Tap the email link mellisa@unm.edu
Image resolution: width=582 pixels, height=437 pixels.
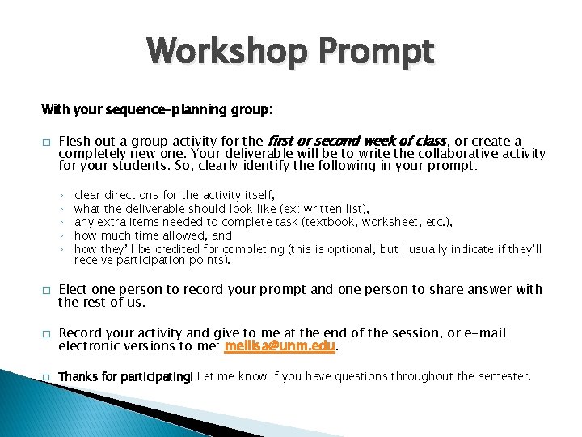click(280, 346)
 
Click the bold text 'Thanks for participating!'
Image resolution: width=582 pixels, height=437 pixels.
click(126, 376)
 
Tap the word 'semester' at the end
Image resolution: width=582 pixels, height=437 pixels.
click(504, 376)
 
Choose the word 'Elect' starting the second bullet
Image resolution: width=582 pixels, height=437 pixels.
click(74, 289)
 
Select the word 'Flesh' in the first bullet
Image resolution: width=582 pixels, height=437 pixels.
click(75, 142)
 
